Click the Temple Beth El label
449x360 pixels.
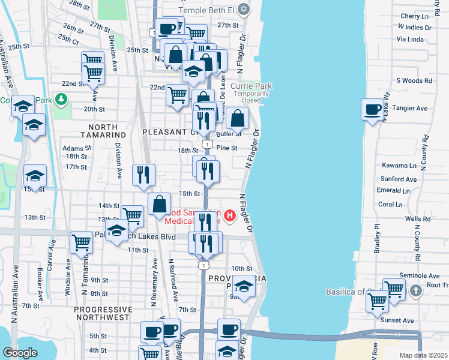point(208,9)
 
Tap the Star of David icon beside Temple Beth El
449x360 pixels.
point(243,9)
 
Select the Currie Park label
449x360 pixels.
point(251,86)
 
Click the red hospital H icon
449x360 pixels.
point(229,214)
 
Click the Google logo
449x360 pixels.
point(20,353)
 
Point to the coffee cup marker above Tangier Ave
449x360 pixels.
point(373,109)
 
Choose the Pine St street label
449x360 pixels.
point(227,148)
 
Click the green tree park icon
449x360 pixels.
point(60,98)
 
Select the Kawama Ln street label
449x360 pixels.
point(399,166)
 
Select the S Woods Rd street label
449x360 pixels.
point(414,80)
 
